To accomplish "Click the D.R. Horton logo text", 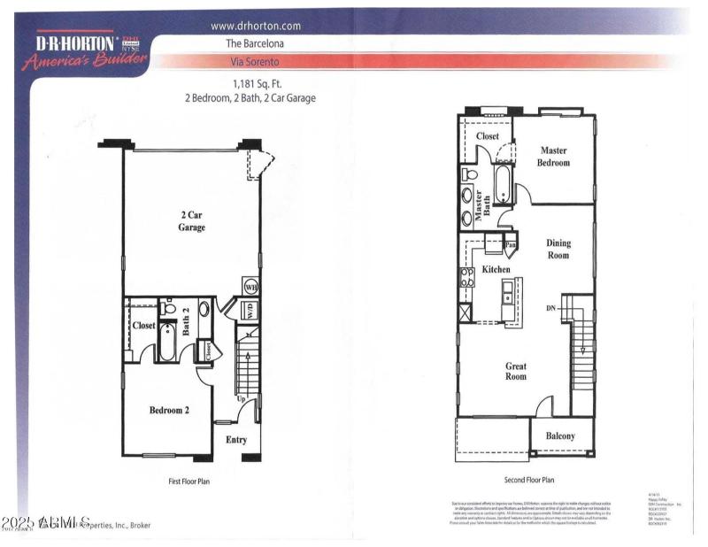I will pyautogui.click(x=76, y=42).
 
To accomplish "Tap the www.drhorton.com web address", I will pyautogui.click(x=257, y=26).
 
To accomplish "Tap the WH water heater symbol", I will pyautogui.click(x=250, y=288).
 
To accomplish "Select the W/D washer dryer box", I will pyautogui.click(x=251, y=311).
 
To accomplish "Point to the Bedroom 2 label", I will pyautogui.click(x=167, y=410).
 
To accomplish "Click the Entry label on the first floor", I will pyautogui.click(x=236, y=439).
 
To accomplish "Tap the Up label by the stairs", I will pyautogui.click(x=240, y=398).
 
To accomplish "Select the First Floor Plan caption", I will pyautogui.click(x=189, y=482).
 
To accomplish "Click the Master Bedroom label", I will pyautogui.click(x=555, y=157).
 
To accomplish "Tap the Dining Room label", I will pyautogui.click(x=558, y=249).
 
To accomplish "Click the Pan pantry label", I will pyautogui.click(x=510, y=244).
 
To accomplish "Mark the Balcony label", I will pyautogui.click(x=560, y=435).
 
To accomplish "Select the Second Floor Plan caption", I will pyautogui.click(x=528, y=480).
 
